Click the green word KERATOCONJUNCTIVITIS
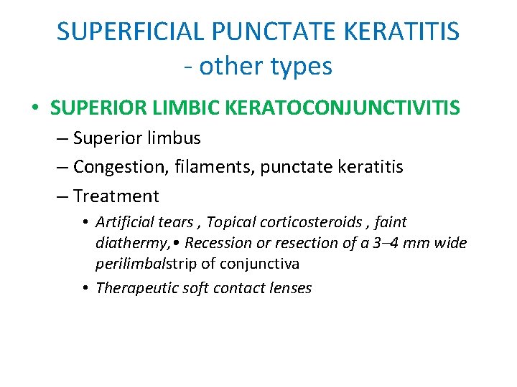343,108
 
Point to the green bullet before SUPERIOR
35,108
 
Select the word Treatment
116,196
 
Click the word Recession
216,243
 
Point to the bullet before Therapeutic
85,288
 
